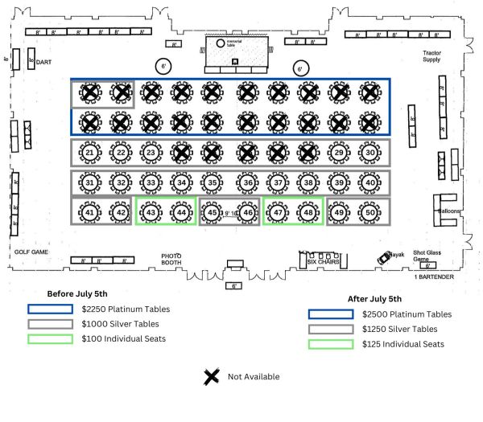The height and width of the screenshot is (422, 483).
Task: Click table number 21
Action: click(x=90, y=153)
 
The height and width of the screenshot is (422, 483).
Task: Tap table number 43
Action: click(x=151, y=212)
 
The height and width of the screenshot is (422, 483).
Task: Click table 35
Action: click(x=212, y=183)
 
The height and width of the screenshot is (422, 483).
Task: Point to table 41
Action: click(x=90, y=212)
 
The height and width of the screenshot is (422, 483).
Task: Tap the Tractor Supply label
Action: click(x=432, y=57)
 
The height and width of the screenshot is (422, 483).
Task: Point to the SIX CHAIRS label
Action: click(x=323, y=262)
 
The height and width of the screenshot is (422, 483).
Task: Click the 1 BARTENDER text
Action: click(x=433, y=277)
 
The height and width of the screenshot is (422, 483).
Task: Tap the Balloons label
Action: click(x=448, y=211)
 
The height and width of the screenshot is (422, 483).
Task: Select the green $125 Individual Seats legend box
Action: click(x=331, y=344)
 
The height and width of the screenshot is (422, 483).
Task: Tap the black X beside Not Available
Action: click(x=212, y=375)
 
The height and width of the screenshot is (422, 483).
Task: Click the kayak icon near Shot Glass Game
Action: click(x=385, y=257)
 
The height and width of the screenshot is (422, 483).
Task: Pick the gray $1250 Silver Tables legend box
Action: click(x=331, y=329)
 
